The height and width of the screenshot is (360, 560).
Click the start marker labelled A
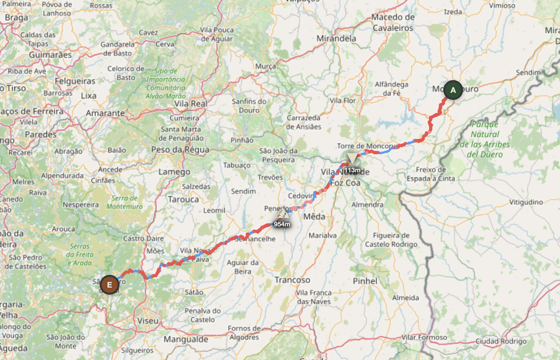[453, 90]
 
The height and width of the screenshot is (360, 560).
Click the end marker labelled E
[109, 285]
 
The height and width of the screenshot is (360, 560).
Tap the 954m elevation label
[282, 224]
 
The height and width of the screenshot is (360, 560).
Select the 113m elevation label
[352, 170]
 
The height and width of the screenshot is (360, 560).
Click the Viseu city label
[148, 321]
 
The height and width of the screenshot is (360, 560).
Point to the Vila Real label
[191, 103]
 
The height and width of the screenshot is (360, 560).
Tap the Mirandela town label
[336, 38]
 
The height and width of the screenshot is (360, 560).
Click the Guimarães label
[50, 55]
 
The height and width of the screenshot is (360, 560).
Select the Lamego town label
[174, 172]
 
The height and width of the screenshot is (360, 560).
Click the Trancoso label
[292, 280]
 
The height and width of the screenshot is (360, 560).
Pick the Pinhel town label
[365, 281]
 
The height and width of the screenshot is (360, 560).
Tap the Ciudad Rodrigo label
[501, 341]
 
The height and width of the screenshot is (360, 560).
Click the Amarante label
[105, 113]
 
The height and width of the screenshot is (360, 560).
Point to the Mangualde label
[186, 340]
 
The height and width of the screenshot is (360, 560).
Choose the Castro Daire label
[143, 238]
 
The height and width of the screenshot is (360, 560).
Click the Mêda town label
[314, 217]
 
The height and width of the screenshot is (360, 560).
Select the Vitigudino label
[526, 202]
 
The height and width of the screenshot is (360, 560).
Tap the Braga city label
[16, 18]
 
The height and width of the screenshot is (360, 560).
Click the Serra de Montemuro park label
[124, 202]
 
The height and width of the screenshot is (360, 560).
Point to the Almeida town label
[405, 298]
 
